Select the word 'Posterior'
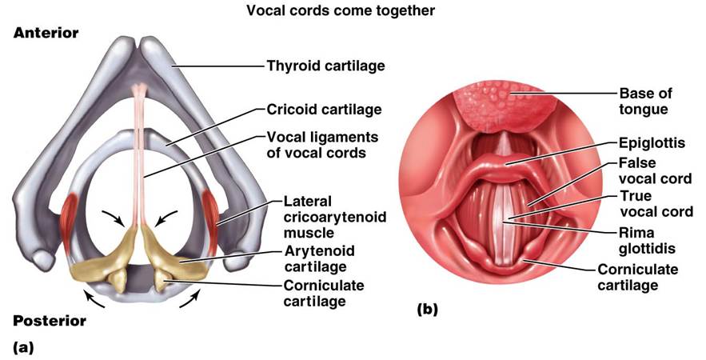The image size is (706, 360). pos(50,322)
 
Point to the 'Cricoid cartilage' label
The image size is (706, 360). pos(325,110)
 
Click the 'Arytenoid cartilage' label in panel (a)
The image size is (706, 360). pos(319,258)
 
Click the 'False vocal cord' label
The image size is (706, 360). pos(652,171)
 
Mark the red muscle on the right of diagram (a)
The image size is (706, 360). pos(213,210)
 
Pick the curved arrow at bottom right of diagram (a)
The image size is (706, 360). pos(190,303)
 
